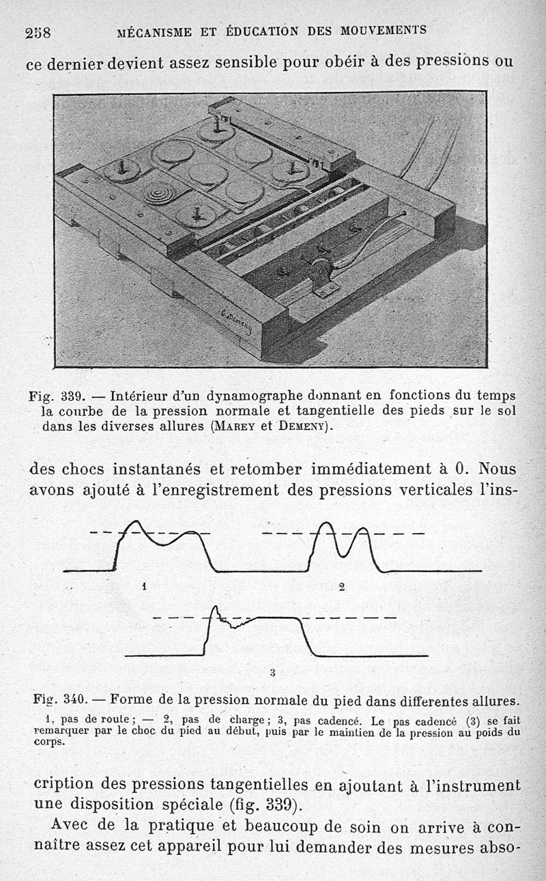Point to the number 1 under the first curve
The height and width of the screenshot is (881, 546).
[x=144, y=586]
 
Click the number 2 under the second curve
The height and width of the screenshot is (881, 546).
[x=341, y=586]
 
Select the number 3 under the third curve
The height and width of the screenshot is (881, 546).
[x=272, y=672]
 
